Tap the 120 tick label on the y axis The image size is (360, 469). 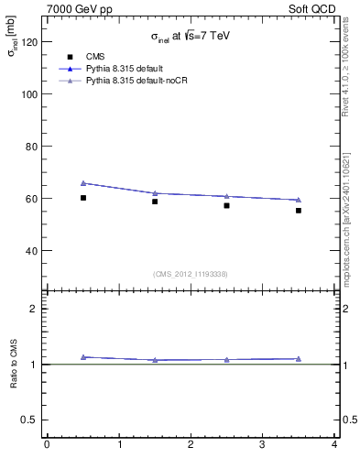coord(28,42)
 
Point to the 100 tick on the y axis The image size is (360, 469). coord(28,94)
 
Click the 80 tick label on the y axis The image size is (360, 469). coord(31,147)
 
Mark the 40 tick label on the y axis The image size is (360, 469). coord(31,251)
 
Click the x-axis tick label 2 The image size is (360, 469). coord(191,445)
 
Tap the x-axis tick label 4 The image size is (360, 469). coord(334,445)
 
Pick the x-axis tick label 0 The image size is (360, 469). coord(47,445)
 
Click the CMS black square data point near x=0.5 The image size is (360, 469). coord(83,198)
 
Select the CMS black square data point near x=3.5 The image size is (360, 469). coord(299,211)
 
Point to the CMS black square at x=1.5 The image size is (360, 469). coord(155,202)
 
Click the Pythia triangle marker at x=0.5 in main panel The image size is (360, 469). coord(83,183)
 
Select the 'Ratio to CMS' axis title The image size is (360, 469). coord(15,365)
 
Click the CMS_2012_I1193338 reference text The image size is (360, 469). coord(191,274)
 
